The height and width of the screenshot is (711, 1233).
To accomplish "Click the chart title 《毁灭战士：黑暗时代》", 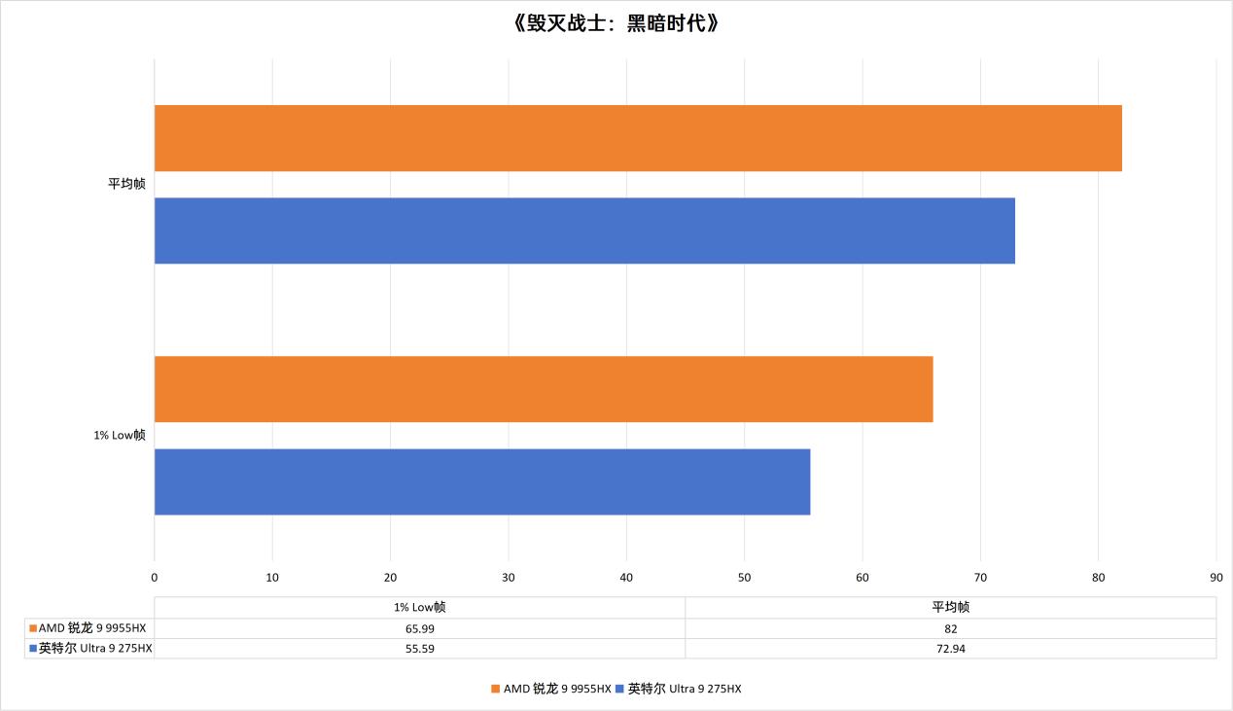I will [616, 23].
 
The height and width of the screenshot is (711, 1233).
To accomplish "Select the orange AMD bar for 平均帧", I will [638, 138].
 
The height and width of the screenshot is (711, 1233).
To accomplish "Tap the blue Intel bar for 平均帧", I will [584, 231].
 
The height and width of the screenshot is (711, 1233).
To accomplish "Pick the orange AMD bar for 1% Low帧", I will [544, 389].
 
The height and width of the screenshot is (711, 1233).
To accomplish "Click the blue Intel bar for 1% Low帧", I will [482, 481].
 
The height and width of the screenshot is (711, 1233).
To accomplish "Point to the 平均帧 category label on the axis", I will [126, 184].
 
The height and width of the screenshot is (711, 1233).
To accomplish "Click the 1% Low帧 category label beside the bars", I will [120, 435].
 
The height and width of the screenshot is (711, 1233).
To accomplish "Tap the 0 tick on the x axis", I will [155, 577].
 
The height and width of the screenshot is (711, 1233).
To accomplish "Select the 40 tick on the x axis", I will [626, 577].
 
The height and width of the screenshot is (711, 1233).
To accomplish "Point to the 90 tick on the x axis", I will [1215, 577].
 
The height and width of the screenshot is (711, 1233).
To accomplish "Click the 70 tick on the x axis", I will [980, 577].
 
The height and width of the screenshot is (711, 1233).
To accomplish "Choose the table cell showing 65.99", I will [419, 628].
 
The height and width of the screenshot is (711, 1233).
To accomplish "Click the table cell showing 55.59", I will [419, 649].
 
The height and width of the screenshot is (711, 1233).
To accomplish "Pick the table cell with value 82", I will [950, 628].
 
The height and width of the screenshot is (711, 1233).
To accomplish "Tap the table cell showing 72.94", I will [950, 649].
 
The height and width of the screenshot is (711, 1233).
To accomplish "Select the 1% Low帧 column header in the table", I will [419, 607].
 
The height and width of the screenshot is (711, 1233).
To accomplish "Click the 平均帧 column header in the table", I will [950, 607].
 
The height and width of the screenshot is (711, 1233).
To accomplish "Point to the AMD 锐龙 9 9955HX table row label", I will [91, 628].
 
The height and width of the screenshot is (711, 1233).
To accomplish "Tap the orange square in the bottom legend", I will [495, 690].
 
